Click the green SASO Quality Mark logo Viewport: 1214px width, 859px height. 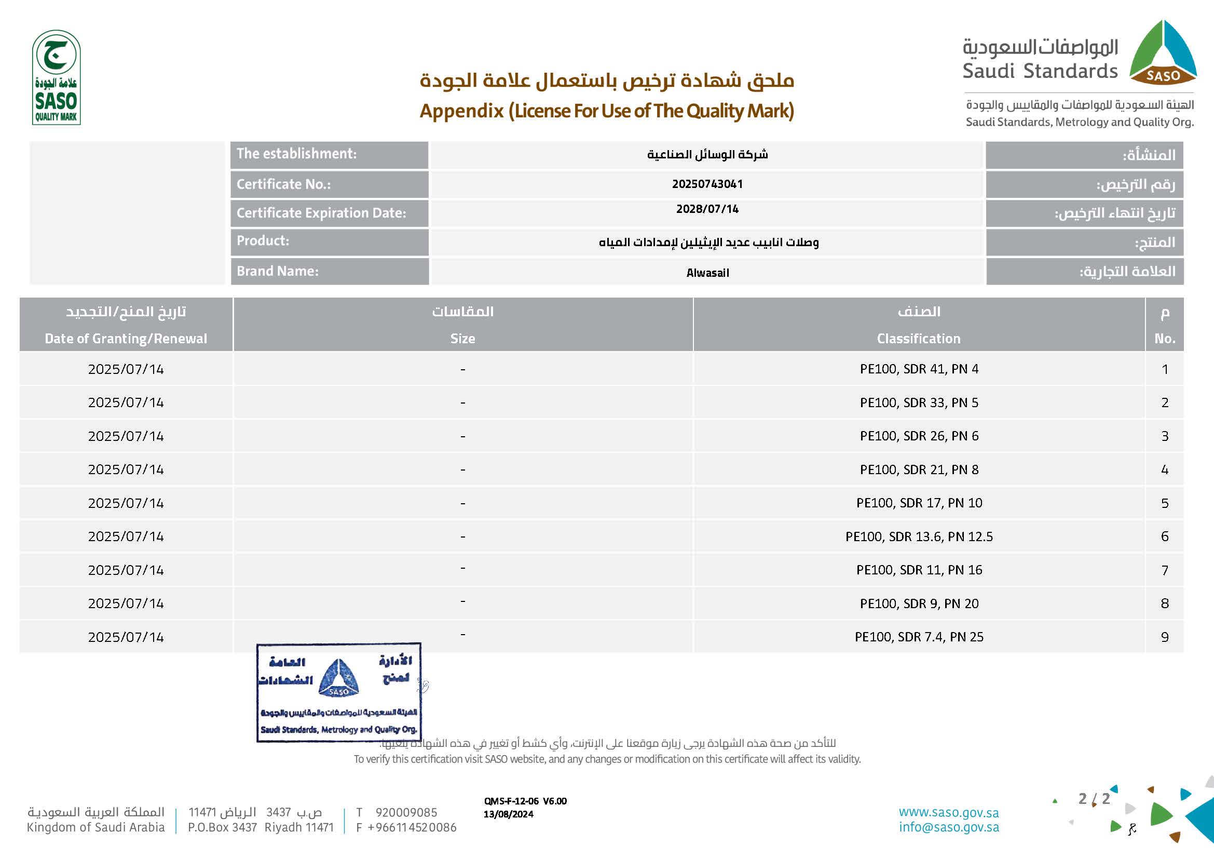tap(56, 78)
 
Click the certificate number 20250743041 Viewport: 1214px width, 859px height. tap(707, 184)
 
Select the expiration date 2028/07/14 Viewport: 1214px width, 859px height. tap(707, 209)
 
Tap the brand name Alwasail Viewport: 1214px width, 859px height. tap(707, 273)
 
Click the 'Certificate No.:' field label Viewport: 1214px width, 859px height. tap(283, 184)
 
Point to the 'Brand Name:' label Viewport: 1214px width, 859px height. tap(278, 271)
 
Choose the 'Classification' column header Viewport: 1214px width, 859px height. tap(919, 339)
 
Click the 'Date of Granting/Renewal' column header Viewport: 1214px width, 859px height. tap(126, 339)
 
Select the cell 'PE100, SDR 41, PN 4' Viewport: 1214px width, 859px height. tap(919, 369)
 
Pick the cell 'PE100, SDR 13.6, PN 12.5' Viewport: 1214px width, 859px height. tap(919, 536)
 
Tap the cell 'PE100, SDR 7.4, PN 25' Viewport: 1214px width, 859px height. tap(919, 637)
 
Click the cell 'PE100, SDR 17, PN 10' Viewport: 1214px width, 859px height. tap(919, 503)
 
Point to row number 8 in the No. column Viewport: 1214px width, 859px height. tap(1164, 603)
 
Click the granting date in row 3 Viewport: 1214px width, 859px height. tap(126, 436)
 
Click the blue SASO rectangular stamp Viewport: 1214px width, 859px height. tap(338, 692)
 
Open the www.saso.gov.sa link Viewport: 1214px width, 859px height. tap(949, 812)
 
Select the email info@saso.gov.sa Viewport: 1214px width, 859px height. tap(949, 827)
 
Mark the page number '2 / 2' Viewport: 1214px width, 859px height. tap(1094, 799)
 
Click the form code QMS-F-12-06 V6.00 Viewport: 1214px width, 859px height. tap(525, 801)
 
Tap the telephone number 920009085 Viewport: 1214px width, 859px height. tap(406, 812)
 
